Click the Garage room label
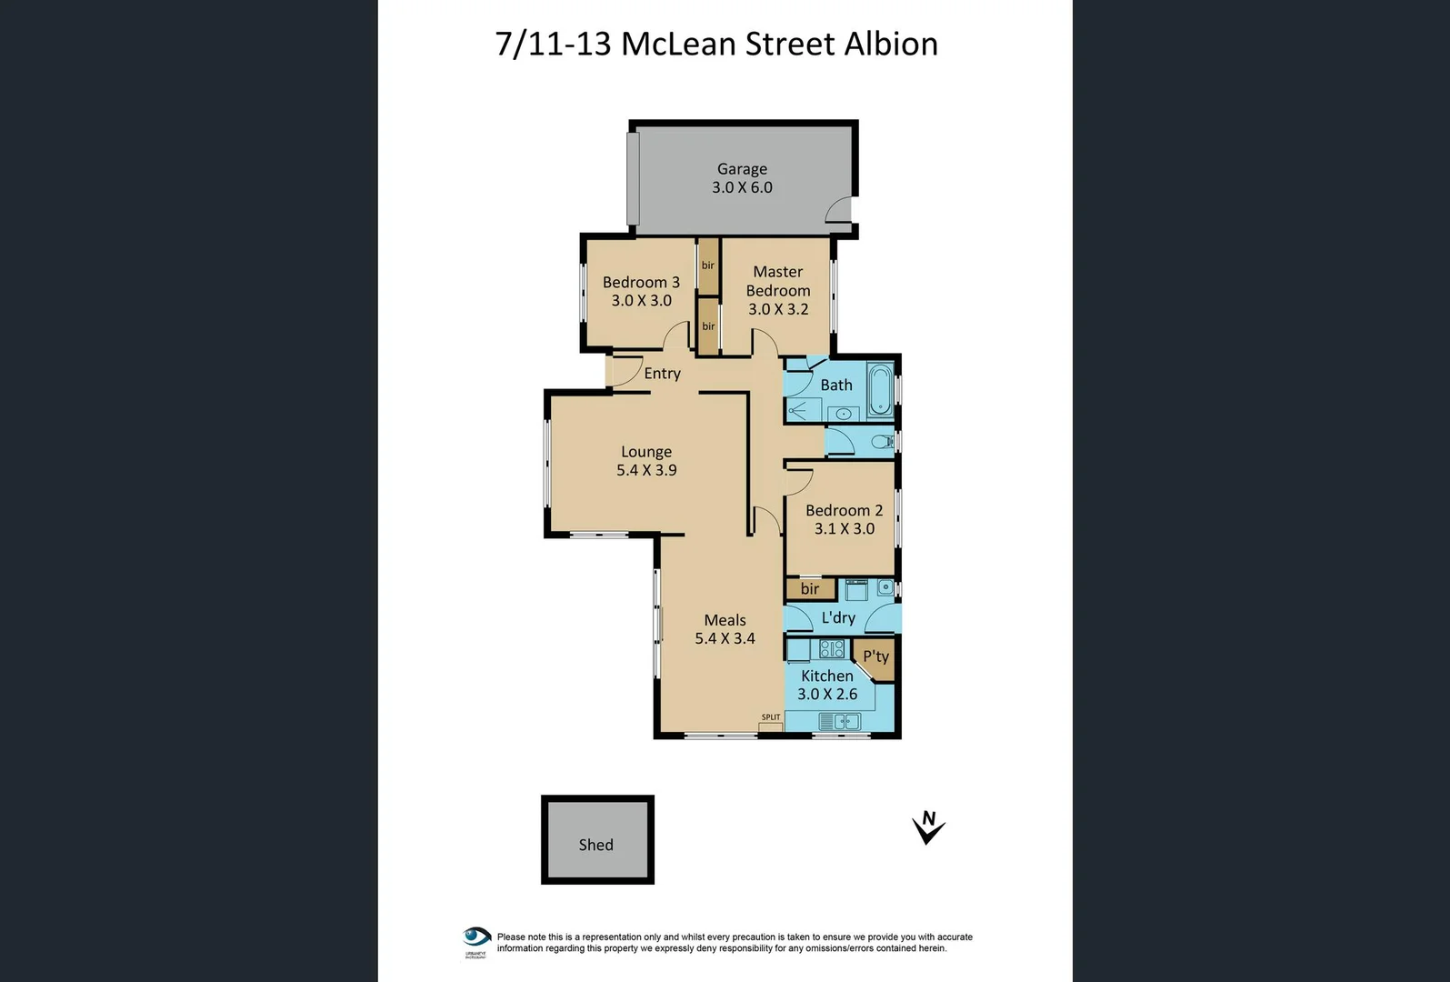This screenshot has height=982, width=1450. click(742, 169)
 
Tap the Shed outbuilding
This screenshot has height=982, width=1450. click(597, 840)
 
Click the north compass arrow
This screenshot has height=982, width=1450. click(927, 827)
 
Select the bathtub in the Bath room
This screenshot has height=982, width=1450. click(879, 389)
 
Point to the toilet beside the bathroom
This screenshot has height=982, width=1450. click(880, 443)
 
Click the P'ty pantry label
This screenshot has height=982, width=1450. click(875, 656)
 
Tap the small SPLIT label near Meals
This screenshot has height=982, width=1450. click(771, 717)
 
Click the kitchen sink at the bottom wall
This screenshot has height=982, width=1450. click(839, 722)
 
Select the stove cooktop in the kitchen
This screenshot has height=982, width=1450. click(832, 649)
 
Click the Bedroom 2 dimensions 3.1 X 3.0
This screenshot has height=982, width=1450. click(844, 529)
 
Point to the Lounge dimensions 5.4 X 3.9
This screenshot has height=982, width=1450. click(646, 471)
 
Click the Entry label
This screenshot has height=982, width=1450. click(662, 374)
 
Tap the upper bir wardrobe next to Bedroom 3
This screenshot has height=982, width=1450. click(708, 266)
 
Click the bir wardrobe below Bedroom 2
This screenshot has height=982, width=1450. click(809, 589)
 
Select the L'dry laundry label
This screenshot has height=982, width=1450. click(838, 618)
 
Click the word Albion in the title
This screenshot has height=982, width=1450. click(891, 45)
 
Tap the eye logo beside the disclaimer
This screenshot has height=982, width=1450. click(476, 938)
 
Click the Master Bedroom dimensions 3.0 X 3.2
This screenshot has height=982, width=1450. click(778, 310)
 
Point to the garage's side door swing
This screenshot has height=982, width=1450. click(838, 210)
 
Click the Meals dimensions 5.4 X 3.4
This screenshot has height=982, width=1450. click(725, 639)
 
